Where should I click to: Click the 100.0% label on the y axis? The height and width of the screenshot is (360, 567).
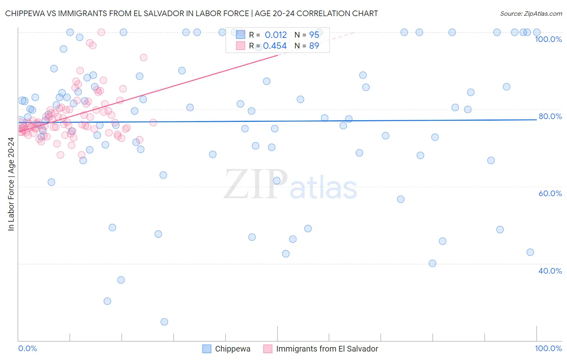coord(548,39)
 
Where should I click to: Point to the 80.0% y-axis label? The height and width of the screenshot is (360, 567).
coord(550,116)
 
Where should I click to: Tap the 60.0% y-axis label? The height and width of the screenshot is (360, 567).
coord(550,193)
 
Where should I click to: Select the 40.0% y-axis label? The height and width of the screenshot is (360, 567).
coord(550,271)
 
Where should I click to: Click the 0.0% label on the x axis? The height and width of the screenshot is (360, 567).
coord(27,348)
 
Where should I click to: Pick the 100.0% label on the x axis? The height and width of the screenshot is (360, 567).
coord(548,348)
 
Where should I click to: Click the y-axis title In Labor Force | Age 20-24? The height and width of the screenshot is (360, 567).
coord(11,184)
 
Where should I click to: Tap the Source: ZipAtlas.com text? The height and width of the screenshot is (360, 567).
coord(531,13)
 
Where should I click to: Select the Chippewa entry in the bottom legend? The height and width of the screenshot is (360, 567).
coord(232,349)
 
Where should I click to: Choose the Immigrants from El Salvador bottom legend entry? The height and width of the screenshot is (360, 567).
coord(327,349)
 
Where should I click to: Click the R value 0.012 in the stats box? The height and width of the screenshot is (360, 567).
coord(276,35)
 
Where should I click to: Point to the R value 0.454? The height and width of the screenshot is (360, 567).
coord(275,46)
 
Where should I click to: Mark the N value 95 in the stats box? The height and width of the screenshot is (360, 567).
coord(314,35)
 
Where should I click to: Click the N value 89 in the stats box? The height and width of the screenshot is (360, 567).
coord(314,46)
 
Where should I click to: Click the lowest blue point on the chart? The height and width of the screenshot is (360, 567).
coord(164,322)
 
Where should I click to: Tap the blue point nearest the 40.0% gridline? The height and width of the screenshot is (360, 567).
coord(432,263)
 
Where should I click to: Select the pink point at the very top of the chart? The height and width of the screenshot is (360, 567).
coord(101,32)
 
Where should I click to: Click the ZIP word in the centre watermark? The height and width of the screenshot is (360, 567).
coord(256,184)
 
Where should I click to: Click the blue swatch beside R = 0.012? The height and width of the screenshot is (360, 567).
coord(241,35)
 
